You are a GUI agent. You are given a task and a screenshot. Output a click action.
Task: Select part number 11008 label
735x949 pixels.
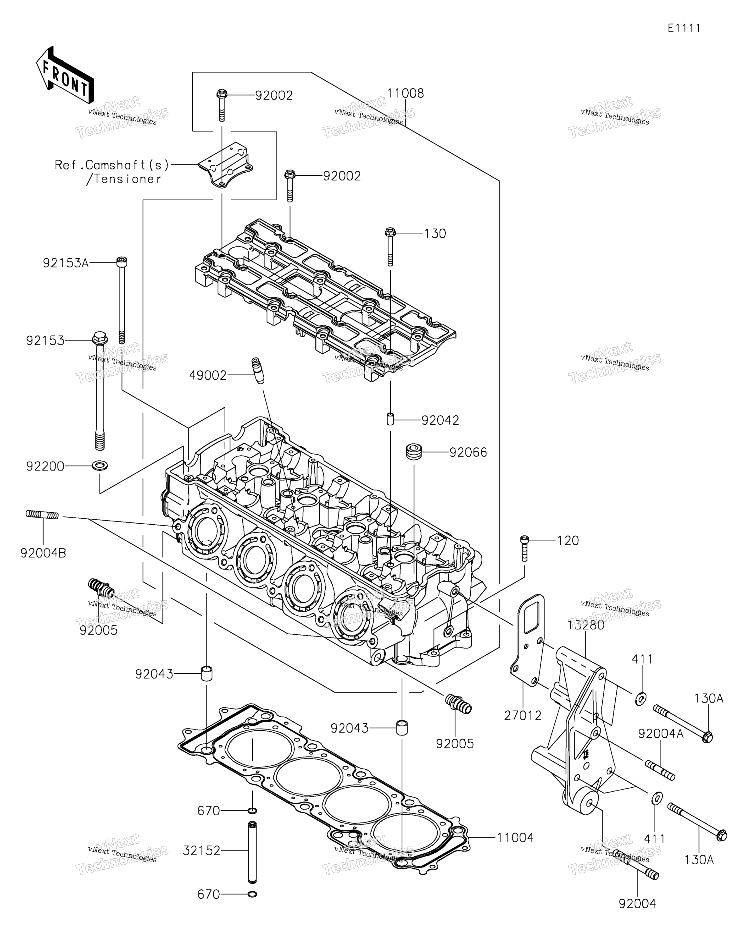[x=405, y=93]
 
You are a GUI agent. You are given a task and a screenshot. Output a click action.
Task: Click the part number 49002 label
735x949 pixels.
[x=208, y=375]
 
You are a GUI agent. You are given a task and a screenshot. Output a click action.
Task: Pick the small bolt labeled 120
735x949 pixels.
[x=524, y=548]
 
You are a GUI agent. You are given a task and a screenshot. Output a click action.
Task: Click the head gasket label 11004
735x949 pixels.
[x=515, y=837]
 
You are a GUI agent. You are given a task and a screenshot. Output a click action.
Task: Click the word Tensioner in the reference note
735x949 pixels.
[x=123, y=179]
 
